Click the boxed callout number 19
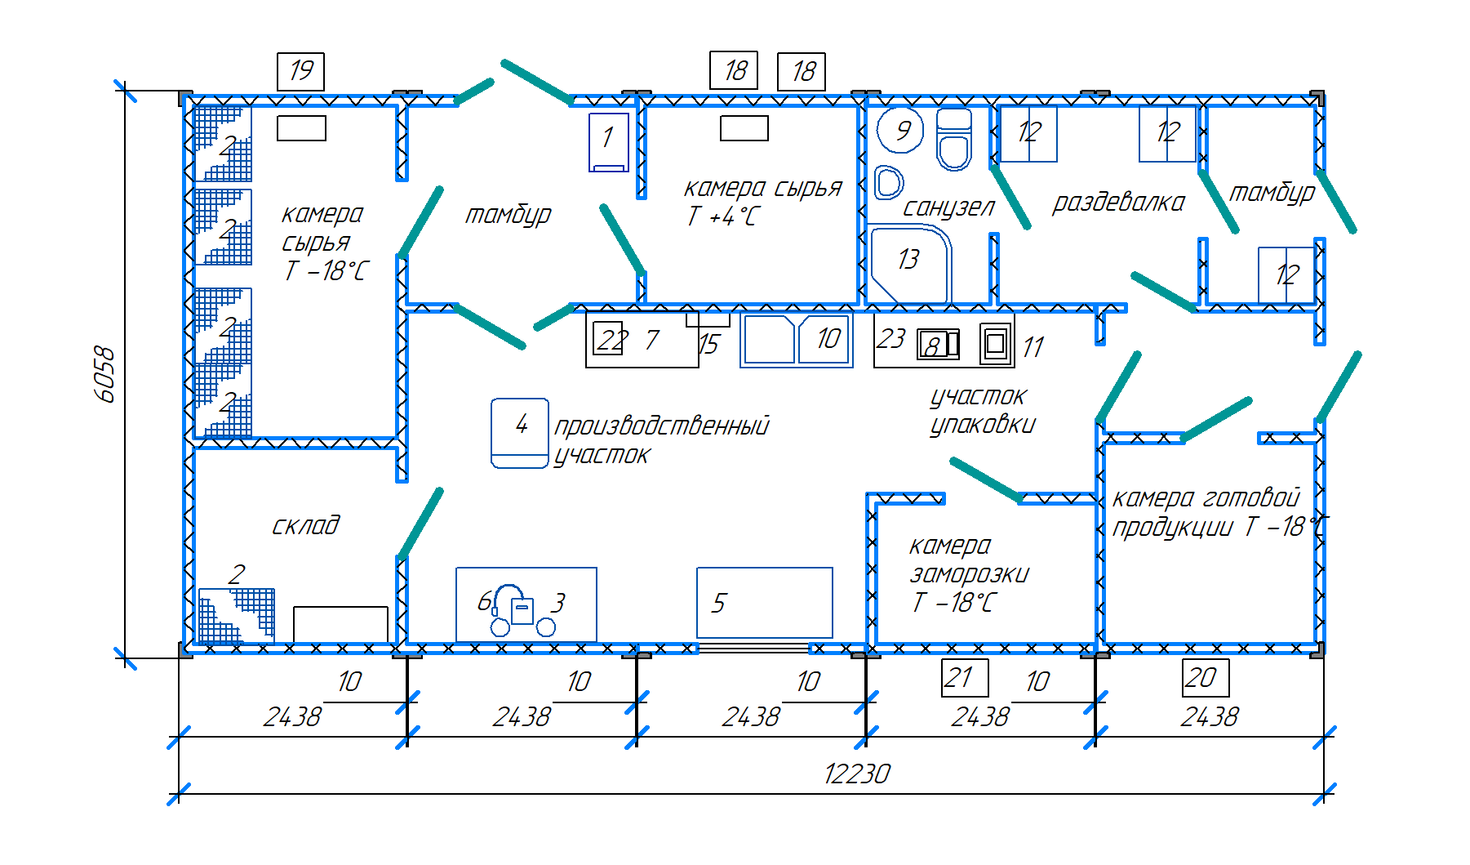click(x=300, y=71)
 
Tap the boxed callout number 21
click(x=964, y=678)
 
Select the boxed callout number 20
click(x=1205, y=678)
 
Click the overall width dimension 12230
click(x=857, y=773)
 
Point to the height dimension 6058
click(x=105, y=375)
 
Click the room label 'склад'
click(x=305, y=525)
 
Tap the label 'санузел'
click(x=948, y=207)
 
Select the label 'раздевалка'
click(x=1118, y=203)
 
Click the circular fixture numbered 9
click(x=900, y=131)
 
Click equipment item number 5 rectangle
click(x=764, y=603)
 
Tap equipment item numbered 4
click(x=520, y=433)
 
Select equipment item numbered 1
click(x=609, y=141)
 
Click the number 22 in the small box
click(x=611, y=339)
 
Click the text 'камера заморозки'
click(x=969, y=560)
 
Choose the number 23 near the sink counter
click(x=890, y=338)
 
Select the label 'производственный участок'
click(x=661, y=439)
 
